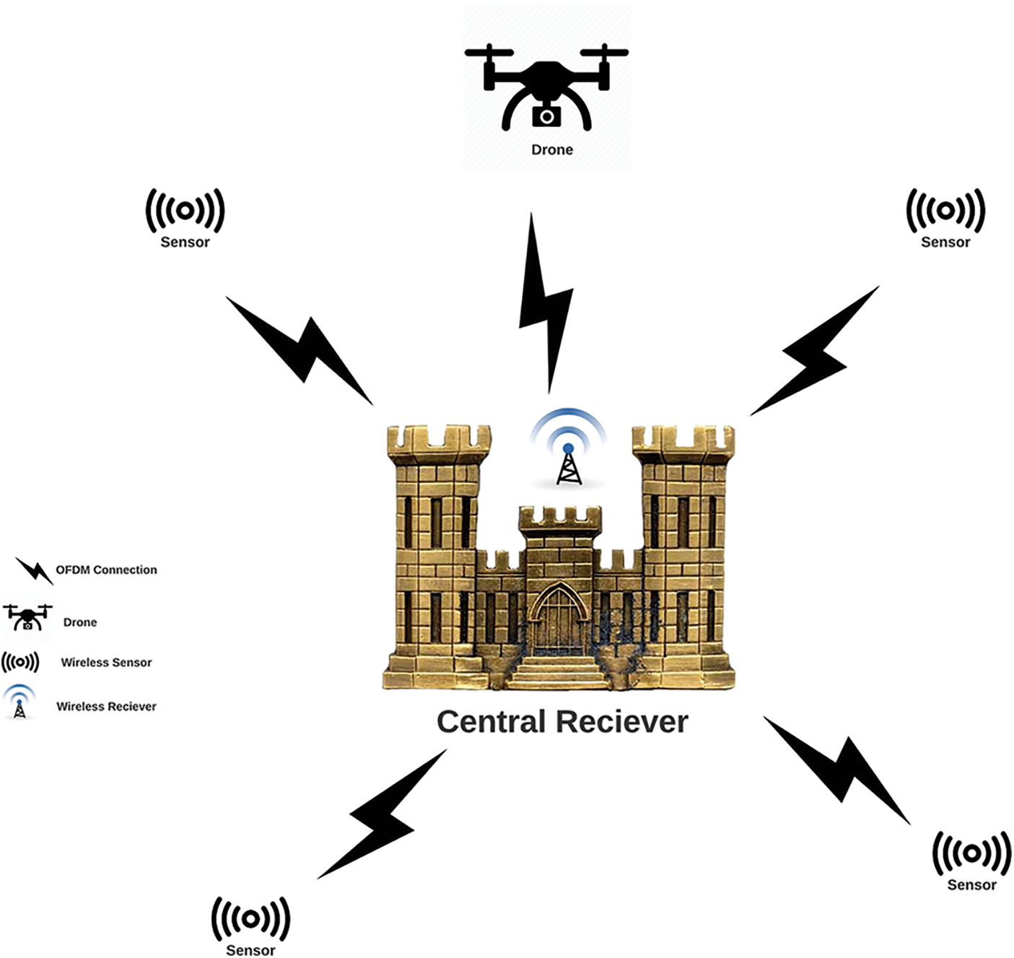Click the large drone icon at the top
click(546, 87)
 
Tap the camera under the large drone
click(546, 116)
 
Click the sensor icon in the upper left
click(185, 211)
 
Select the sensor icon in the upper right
click(945, 211)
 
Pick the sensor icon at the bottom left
click(250, 919)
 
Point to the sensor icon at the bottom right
click(971, 853)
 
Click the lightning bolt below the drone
click(546, 303)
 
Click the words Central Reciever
click(562, 721)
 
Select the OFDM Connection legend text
click(106, 570)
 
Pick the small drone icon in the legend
click(27, 617)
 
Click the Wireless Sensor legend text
click(106, 662)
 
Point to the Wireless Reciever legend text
click(106, 706)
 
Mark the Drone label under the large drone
click(552, 149)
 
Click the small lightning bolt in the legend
click(34, 571)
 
